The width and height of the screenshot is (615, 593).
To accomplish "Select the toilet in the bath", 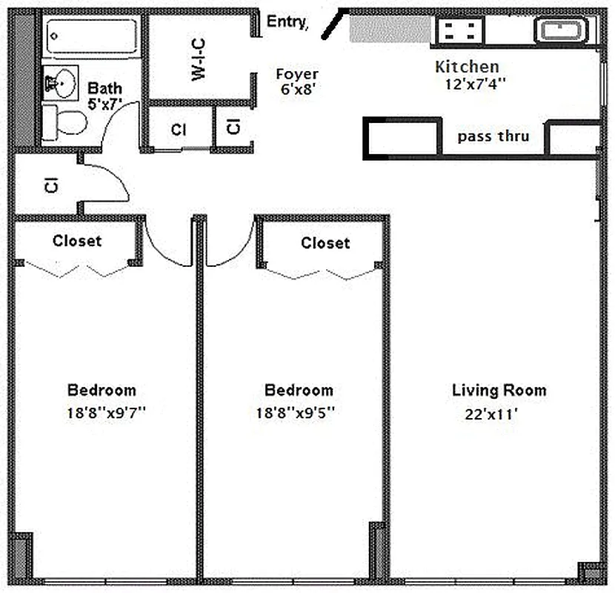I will click(64, 122).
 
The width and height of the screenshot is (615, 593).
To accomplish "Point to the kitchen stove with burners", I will click(459, 30).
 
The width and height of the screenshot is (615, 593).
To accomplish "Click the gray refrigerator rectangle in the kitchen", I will click(390, 29).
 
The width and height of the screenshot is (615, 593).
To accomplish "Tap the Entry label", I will click(287, 22).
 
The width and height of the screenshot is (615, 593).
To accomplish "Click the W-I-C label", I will click(198, 59).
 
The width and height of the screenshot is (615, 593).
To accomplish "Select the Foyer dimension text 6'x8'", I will click(297, 89).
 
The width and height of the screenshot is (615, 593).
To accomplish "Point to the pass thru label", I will click(493, 136).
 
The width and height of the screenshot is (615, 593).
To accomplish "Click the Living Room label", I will click(499, 391).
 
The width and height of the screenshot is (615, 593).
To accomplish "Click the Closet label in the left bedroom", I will click(77, 241).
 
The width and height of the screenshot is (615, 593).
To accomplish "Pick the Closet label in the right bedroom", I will click(325, 243).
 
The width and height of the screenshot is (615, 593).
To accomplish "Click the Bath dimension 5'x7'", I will click(104, 105).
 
